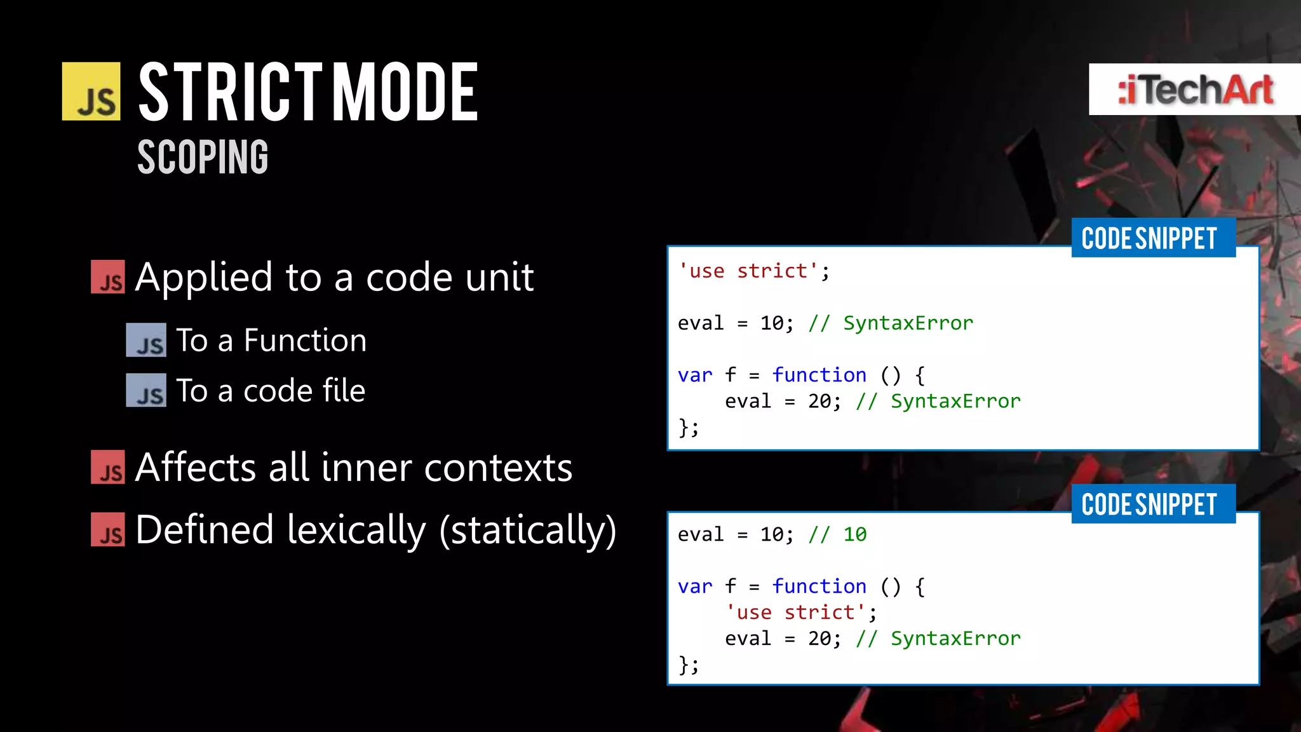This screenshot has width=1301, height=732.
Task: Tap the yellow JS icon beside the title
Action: [91, 91]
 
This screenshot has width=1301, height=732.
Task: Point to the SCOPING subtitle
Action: [203, 157]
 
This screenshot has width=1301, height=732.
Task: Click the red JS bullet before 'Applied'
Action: [108, 277]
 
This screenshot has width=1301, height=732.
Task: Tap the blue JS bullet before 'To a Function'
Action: [146, 340]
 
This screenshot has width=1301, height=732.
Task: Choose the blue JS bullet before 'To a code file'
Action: [146, 390]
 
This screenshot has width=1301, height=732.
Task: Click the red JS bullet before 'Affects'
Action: [108, 467]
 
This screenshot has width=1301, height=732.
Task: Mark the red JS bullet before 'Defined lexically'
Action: [108, 529]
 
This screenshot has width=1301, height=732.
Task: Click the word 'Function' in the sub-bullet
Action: [305, 340]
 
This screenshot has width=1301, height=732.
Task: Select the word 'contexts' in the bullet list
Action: [498, 468]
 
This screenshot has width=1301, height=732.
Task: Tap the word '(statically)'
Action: [528, 530]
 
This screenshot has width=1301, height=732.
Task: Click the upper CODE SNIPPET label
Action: [1149, 238]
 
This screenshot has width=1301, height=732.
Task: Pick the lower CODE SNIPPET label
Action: [1149, 505]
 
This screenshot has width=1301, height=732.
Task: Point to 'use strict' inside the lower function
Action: [795, 613]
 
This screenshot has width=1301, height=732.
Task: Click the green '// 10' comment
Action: [837, 534]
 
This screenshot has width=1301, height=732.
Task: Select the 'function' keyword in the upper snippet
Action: [819, 375]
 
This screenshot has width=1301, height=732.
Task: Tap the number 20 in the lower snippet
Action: [819, 639]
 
